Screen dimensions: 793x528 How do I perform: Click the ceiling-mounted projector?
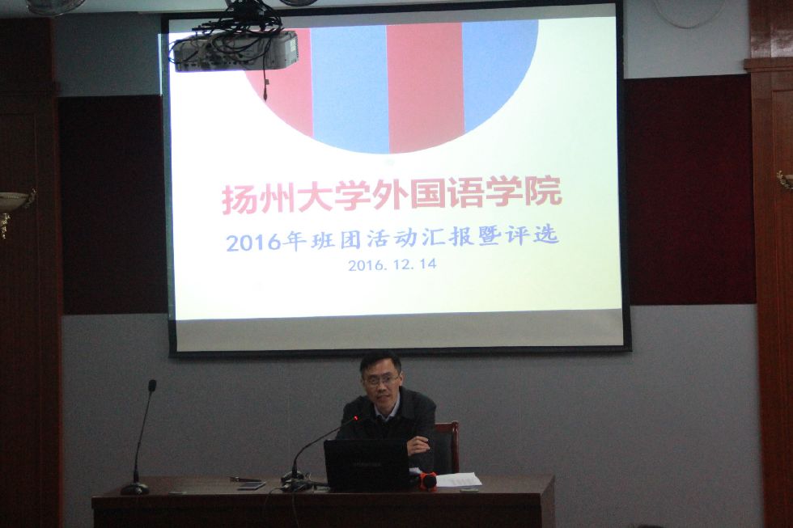tap(235, 49)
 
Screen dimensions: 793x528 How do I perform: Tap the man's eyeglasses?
tap(380, 380)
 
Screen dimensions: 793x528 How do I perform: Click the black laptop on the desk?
tap(366, 464)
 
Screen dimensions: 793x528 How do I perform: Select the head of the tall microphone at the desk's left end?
tap(151, 386)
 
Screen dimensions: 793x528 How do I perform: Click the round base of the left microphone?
tap(135, 488)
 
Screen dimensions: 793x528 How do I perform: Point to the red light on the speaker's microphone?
tap(356, 418)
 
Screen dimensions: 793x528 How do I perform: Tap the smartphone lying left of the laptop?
tap(252, 486)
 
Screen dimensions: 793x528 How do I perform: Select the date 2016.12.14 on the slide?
tap(392, 264)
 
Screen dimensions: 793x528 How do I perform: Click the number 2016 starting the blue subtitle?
tap(252, 243)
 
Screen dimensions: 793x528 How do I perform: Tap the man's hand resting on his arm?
tap(418, 446)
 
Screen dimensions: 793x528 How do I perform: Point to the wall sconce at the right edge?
tap(785, 180)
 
